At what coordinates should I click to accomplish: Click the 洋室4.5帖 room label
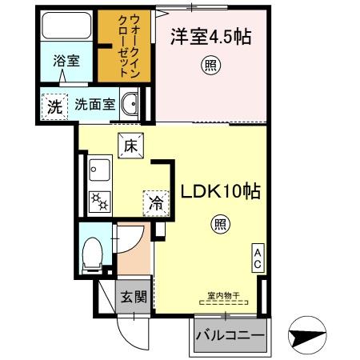click(x=208, y=37)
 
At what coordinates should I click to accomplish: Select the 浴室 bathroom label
click(x=66, y=59)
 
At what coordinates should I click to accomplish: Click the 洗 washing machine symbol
click(x=53, y=104)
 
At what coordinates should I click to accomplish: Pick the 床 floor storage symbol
click(x=130, y=146)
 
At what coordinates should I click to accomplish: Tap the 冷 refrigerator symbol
click(x=154, y=202)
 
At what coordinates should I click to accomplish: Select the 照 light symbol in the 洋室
click(x=209, y=66)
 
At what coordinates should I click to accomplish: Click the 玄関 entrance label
click(x=133, y=298)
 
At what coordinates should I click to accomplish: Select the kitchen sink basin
click(x=100, y=169)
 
